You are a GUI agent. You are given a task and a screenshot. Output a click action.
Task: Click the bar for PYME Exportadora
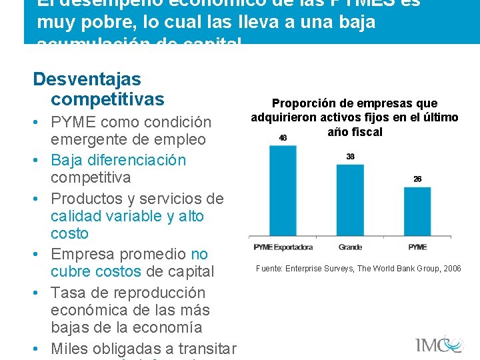(x=283, y=190)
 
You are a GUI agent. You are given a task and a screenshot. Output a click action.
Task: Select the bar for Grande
(x=350, y=200)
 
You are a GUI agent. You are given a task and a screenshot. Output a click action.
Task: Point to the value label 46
(x=283, y=138)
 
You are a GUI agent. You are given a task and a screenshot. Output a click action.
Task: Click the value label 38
(x=350, y=157)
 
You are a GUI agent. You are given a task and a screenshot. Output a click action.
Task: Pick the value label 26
(x=417, y=179)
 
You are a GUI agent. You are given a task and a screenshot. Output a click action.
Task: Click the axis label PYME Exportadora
(x=283, y=247)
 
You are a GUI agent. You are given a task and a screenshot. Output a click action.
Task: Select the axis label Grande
(x=350, y=247)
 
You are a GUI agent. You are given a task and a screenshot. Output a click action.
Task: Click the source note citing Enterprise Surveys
(x=358, y=269)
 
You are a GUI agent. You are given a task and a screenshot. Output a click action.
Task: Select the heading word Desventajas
(x=87, y=79)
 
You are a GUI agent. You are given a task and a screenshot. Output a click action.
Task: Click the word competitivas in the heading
(x=107, y=99)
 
